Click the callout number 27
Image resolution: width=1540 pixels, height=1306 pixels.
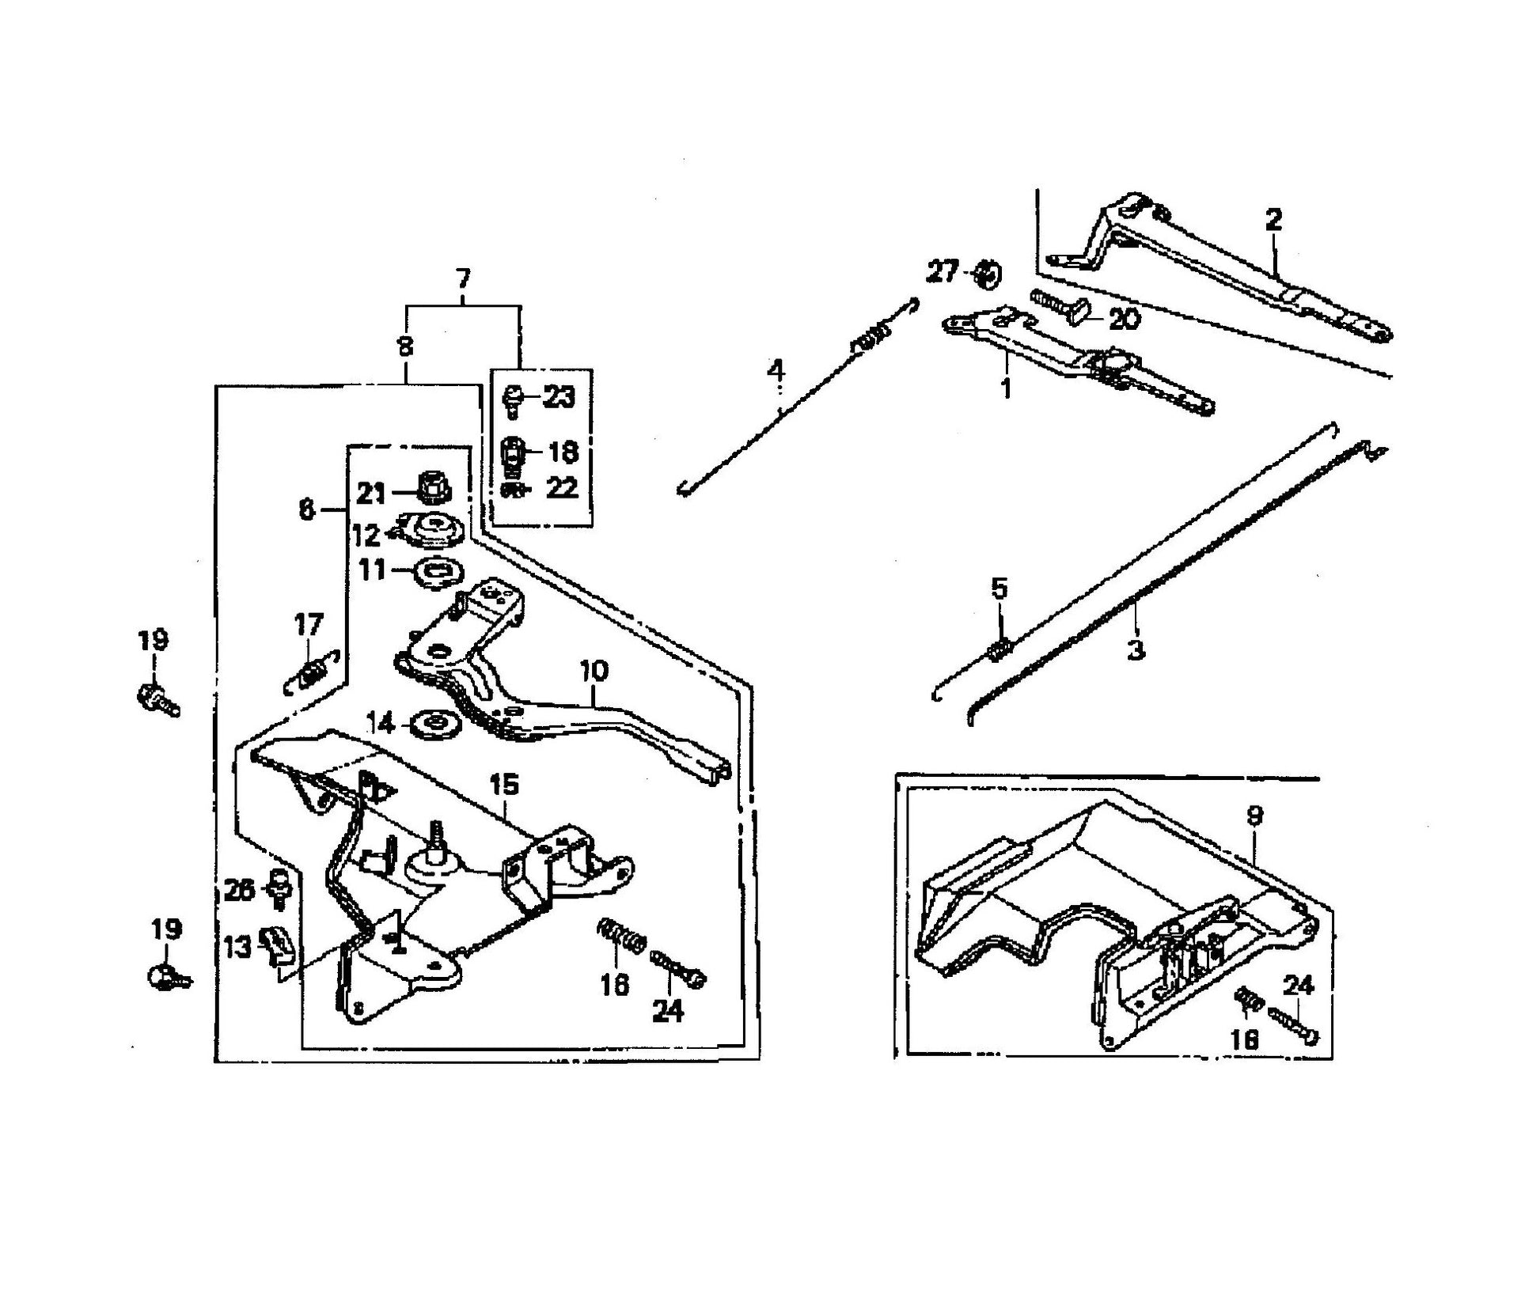pos(943,271)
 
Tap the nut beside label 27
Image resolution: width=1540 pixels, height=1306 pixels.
pos(986,274)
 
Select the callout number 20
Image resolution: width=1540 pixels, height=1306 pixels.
pos(1124,320)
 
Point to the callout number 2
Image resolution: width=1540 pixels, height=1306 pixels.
pos(1273,219)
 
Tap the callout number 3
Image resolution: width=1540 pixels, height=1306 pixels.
pos(1136,650)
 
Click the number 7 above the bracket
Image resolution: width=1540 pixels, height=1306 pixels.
pos(463,278)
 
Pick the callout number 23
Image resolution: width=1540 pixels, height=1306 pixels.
pos(559,396)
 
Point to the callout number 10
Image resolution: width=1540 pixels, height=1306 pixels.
pos(594,672)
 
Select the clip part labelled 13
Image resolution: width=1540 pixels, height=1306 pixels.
pos(279,944)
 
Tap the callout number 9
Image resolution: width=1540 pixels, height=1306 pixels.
pos(1254,816)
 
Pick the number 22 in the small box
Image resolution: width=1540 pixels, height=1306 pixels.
pos(562,487)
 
